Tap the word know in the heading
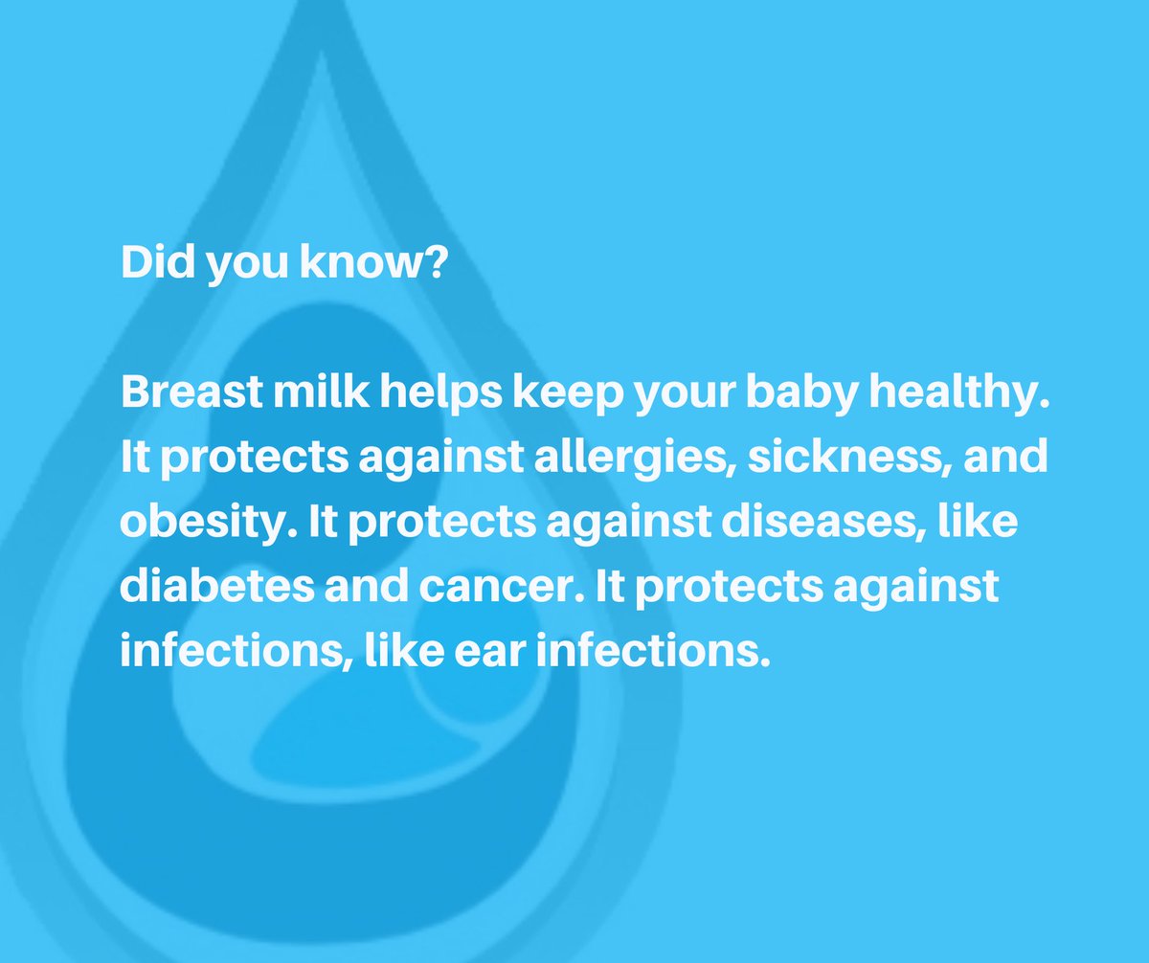tap(357, 262)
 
